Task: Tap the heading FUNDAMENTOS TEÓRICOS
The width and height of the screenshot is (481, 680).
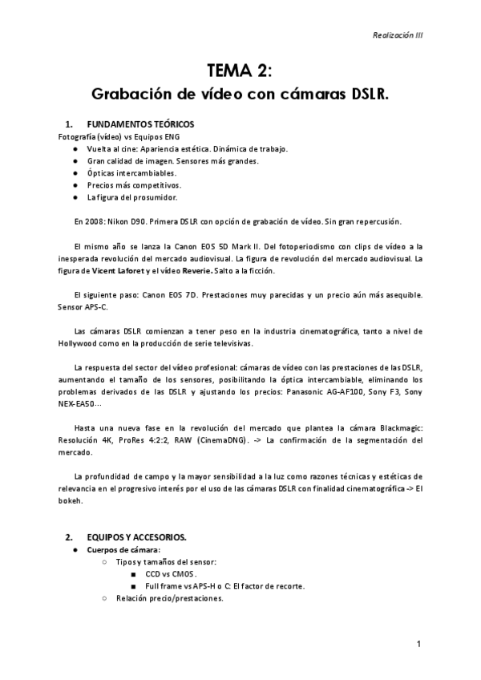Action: coord(139,125)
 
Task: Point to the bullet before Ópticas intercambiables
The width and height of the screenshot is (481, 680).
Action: coord(75,172)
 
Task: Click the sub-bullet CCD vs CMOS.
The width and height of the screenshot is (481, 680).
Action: coord(171,574)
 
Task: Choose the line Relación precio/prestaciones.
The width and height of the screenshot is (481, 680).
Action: coord(169,598)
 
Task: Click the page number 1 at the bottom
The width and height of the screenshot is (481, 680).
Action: coord(418,644)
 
